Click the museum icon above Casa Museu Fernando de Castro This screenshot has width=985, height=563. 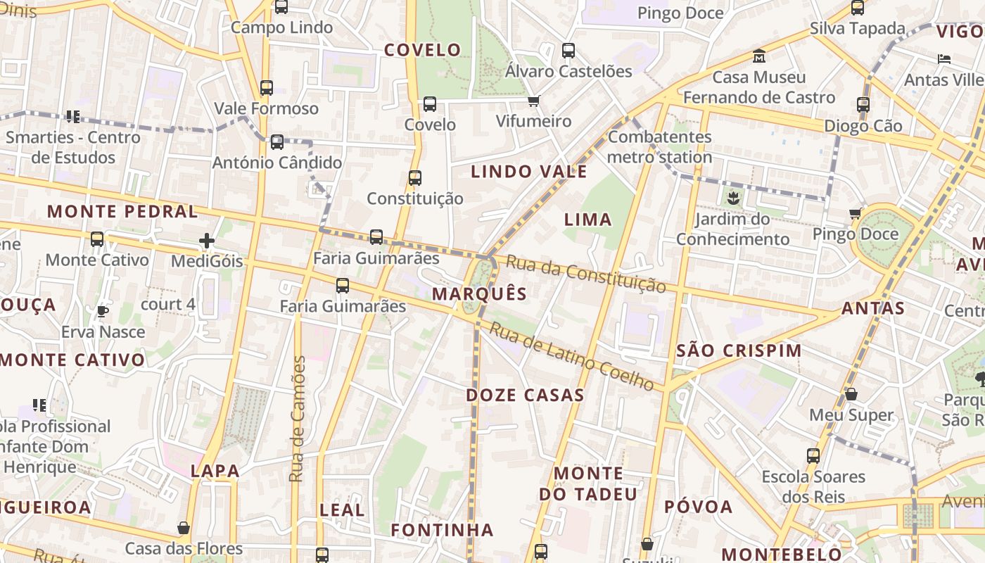coord(759,56)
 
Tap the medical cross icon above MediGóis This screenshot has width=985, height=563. coord(206,241)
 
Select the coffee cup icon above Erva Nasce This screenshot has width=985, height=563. coord(103,311)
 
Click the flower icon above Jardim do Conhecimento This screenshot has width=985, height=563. coord(733,198)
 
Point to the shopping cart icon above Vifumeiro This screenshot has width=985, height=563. coord(533,101)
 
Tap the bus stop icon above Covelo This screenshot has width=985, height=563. coord(430,104)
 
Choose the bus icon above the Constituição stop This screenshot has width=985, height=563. coord(415,178)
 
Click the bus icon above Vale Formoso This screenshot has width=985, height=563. coord(267,88)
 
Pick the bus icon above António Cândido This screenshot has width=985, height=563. coord(277,142)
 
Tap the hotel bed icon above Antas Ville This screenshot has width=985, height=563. coord(944,59)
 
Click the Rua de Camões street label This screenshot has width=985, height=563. coord(297,419)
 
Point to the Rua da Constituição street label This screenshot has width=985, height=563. coord(586,274)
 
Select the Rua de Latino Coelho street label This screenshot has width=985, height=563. coord(572,356)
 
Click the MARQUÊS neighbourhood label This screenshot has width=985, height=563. coord(479,293)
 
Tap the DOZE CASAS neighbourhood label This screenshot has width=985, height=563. coord(525,395)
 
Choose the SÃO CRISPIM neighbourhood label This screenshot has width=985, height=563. coord(739,350)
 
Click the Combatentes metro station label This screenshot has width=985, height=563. coord(660,146)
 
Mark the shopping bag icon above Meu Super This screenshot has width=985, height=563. coord(851,394)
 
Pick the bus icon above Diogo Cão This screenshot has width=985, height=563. coord(863,105)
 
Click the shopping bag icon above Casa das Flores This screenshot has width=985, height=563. coord(184,528)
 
